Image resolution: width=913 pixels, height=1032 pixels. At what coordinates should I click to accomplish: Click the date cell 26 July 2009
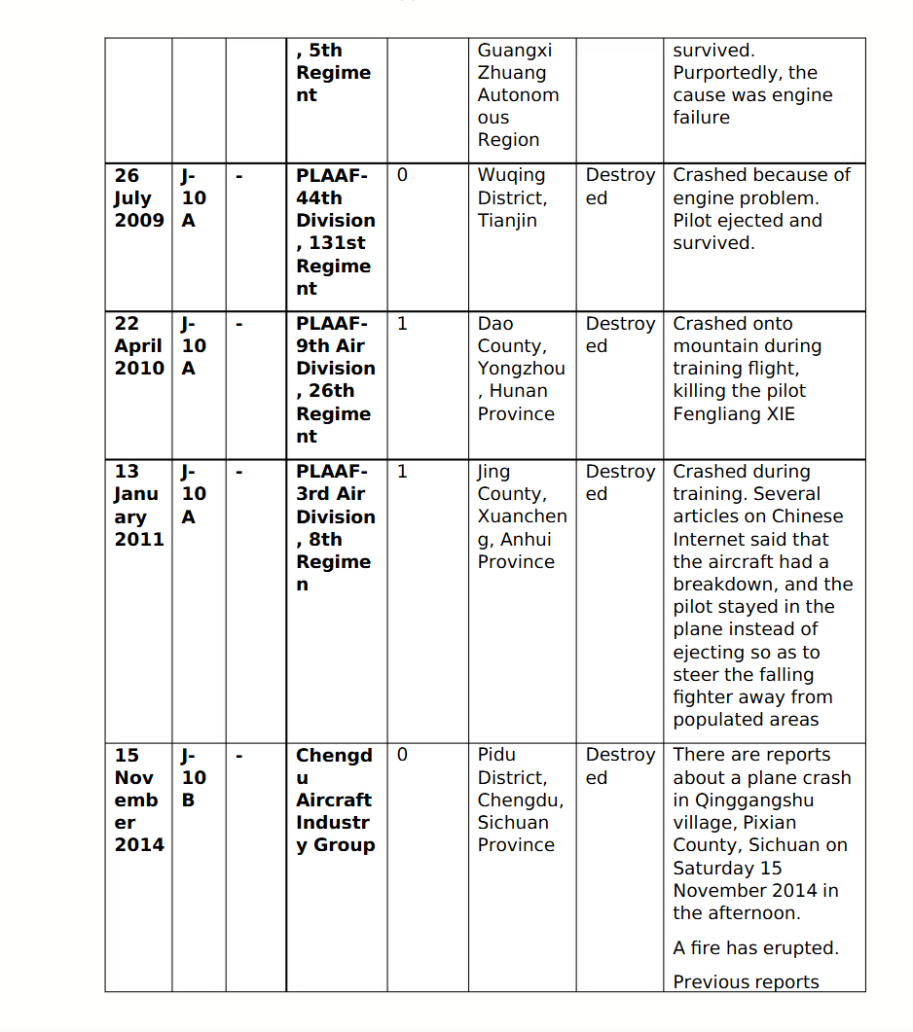(138, 197)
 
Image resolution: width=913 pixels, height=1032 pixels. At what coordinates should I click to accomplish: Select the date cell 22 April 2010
(138, 345)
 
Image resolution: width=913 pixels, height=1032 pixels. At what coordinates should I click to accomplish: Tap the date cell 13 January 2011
(138, 505)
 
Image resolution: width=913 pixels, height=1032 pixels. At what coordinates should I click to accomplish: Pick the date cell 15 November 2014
(138, 800)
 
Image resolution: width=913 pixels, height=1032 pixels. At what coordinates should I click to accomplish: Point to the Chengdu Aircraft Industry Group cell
(334, 800)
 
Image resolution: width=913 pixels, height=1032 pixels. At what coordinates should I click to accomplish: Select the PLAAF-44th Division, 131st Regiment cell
(335, 231)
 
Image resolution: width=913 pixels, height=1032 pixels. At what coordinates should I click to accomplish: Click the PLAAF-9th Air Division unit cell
(335, 379)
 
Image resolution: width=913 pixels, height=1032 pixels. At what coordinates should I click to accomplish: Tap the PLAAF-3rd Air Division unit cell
(335, 527)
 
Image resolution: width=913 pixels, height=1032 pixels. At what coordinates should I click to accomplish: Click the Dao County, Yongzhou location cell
(520, 368)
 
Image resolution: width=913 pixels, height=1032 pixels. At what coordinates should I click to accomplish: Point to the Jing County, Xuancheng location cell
(521, 516)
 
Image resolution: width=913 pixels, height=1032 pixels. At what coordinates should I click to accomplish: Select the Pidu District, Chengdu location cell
(520, 800)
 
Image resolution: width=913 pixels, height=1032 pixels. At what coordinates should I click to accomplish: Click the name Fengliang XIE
(734, 413)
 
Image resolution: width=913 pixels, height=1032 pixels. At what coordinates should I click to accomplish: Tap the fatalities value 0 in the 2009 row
(403, 175)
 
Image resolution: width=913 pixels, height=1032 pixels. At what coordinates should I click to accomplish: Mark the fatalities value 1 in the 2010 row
(403, 323)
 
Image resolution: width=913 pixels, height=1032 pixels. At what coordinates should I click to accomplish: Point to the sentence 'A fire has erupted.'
(755, 947)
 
